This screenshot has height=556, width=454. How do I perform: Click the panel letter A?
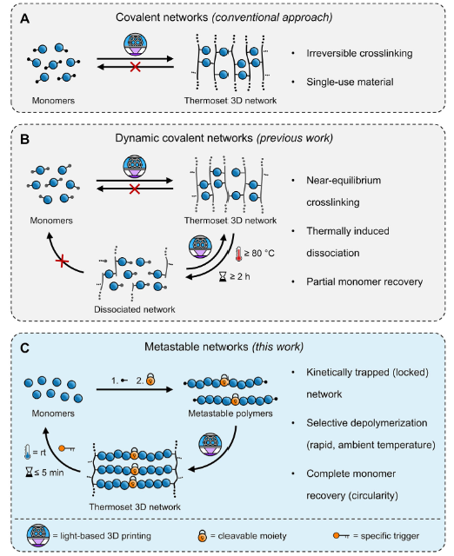24,18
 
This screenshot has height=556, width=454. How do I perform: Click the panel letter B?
24,139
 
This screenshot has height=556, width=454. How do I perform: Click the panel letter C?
24,347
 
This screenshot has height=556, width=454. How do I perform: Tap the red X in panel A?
135,67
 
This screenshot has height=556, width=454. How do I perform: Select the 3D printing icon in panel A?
135,44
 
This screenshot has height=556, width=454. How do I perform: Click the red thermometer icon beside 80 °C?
238,254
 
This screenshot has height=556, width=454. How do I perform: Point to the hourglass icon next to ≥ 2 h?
223,276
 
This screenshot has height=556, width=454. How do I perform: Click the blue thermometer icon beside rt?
27,452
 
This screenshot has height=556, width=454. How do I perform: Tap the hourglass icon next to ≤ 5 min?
29,472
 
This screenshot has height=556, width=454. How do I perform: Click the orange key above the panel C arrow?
66,448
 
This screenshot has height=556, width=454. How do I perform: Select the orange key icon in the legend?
341,535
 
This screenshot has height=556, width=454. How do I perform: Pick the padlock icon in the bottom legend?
202,535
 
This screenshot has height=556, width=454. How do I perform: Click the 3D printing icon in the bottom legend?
38,535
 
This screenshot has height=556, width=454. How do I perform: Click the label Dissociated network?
135,309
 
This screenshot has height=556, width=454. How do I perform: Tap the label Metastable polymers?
230,414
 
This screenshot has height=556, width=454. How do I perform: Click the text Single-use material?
350,83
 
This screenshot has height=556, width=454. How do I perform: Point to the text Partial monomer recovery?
364,281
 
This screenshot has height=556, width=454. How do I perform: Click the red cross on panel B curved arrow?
62,261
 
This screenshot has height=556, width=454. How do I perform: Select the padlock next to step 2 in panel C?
150,379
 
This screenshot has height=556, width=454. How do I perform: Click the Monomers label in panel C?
53,414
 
